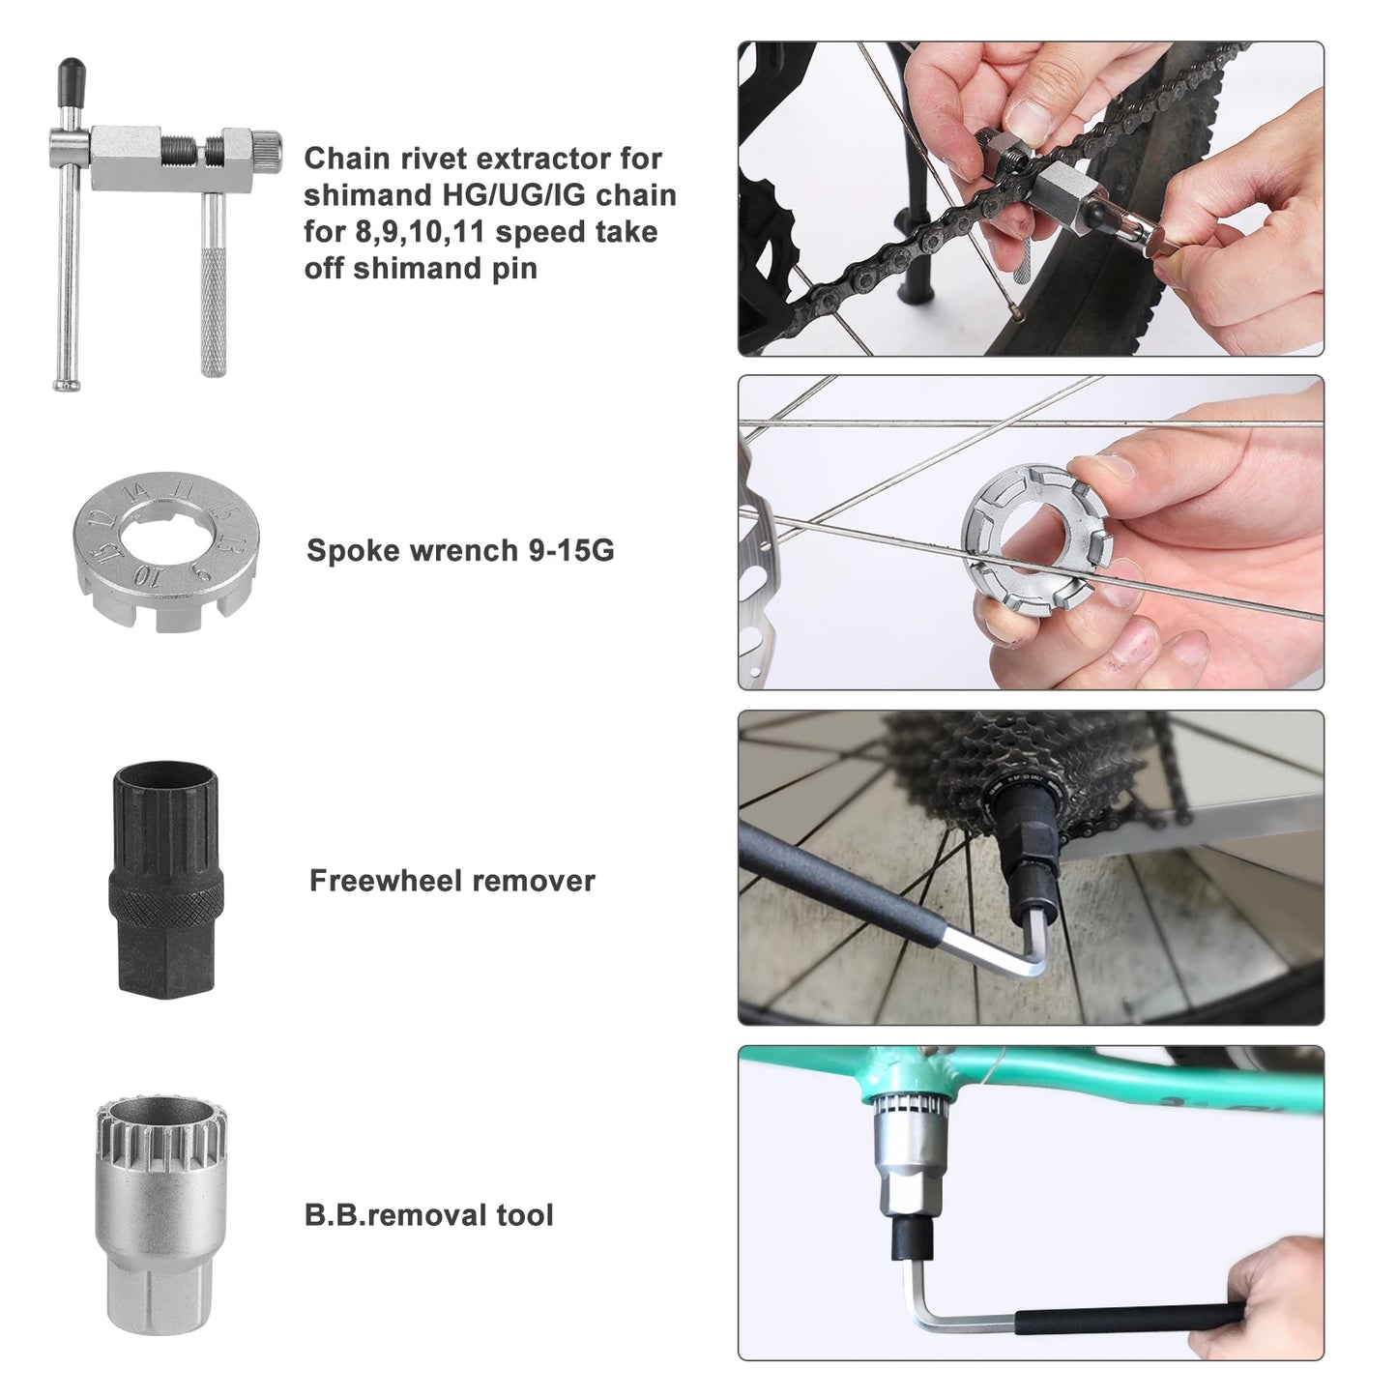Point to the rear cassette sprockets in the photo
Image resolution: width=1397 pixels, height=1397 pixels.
(x=976, y=764)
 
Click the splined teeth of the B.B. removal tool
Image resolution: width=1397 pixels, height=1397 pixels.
(x=161, y=1141)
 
